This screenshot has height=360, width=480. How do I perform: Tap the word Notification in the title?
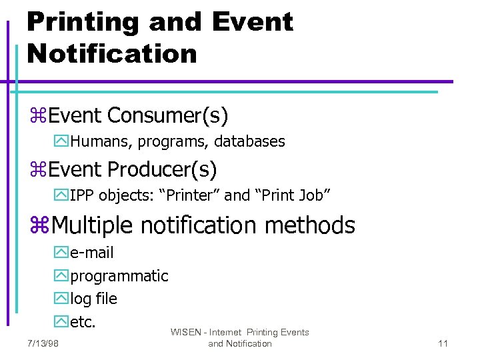(x=112, y=53)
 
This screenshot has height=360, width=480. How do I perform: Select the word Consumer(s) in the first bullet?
(x=167, y=116)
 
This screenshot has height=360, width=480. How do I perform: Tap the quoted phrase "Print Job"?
(x=293, y=195)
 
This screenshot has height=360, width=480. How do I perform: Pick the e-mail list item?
(x=92, y=253)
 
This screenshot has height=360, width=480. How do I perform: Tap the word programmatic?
(x=119, y=276)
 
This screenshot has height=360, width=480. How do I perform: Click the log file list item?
(x=93, y=299)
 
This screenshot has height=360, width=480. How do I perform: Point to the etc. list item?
(x=83, y=322)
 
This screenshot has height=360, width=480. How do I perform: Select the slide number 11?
(x=443, y=343)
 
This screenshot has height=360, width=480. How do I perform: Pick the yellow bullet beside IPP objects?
(x=61, y=196)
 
